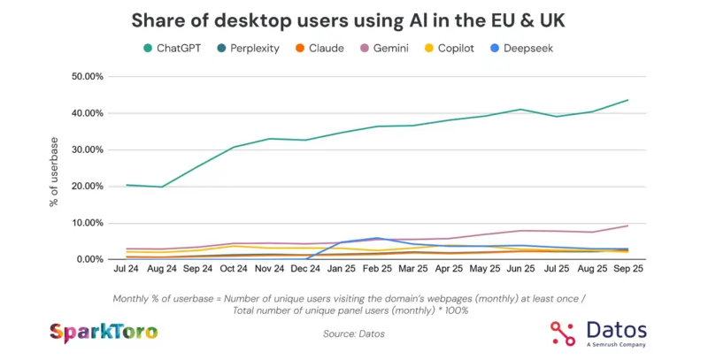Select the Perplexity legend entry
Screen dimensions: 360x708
point(250,48)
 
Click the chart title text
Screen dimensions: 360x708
point(353,19)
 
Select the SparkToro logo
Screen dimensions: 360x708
point(104,333)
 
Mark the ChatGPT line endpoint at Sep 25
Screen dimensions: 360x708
point(627,100)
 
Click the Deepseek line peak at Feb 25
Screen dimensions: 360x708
point(377,238)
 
